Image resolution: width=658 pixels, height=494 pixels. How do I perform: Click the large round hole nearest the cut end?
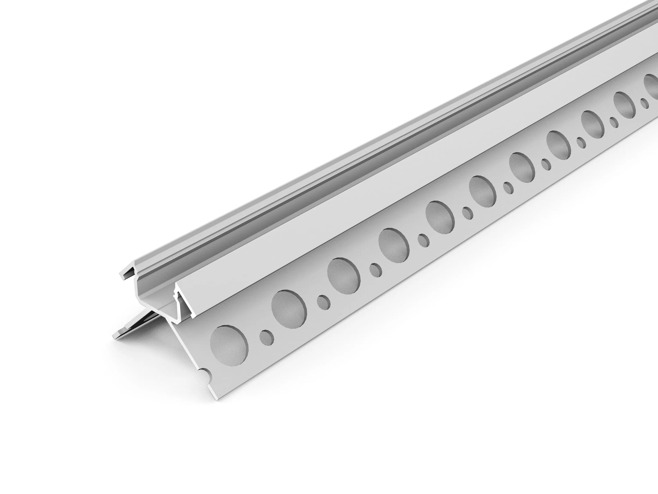point(229,345)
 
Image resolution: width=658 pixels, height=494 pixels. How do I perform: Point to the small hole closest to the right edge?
point(644,103)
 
